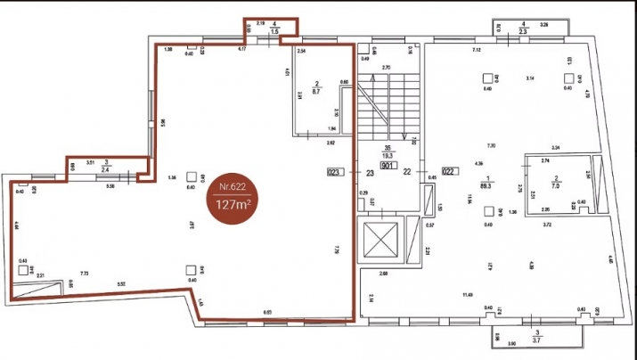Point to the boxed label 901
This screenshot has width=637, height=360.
coord(388,165)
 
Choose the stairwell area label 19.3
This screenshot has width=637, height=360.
coord(388,155)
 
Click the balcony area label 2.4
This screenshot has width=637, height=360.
coord(106,167)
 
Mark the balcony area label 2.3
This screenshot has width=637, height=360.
coord(524,31)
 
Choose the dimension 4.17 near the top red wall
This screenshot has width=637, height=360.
coord(241,50)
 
